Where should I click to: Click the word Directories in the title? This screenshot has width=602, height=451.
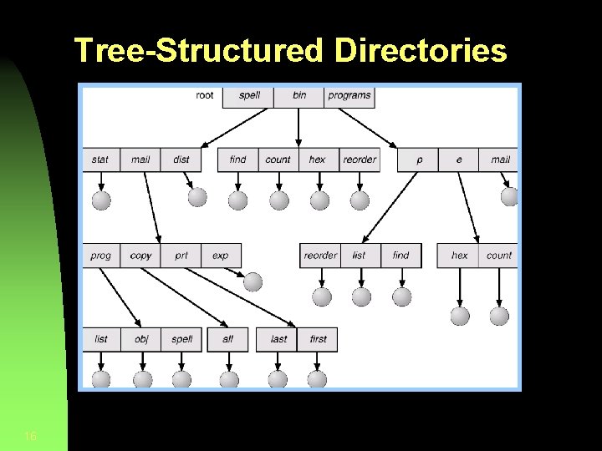pyautogui.click(x=421, y=51)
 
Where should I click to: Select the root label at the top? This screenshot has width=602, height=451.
pyautogui.click(x=205, y=95)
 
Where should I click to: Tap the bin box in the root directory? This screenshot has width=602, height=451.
pyautogui.click(x=299, y=95)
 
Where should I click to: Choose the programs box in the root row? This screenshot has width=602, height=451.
pyautogui.click(x=349, y=95)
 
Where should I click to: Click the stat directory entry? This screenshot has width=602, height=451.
pyautogui.click(x=100, y=160)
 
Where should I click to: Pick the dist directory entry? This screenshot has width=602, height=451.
pyautogui.click(x=181, y=160)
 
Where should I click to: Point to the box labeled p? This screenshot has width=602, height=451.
pyautogui.click(x=419, y=160)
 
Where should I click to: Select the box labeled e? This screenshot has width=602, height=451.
pyautogui.click(x=458, y=160)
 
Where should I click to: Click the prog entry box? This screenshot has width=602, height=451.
pyautogui.click(x=100, y=256)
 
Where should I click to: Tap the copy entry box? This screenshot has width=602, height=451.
pyautogui.click(x=140, y=256)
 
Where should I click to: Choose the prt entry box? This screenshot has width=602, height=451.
pyautogui.click(x=181, y=256)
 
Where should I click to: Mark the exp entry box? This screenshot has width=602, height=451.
pyautogui.click(x=220, y=256)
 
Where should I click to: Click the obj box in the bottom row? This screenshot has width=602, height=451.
pyautogui.click(x=141, y=339)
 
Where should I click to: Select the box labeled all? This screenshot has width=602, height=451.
pyautogui.click(x=227, y=339)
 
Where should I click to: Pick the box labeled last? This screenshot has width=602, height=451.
pyautogui.click(x=278, y=339)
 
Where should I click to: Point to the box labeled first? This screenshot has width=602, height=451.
pyautogui.click(x=318, y=339)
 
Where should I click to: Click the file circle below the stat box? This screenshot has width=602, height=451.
pyautogui.click(x=101, y=200)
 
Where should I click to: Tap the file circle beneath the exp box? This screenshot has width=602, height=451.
pyautogui.click(x=253, y=281)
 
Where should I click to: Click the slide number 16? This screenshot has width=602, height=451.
pyautogui.click(x=30, y=436)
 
